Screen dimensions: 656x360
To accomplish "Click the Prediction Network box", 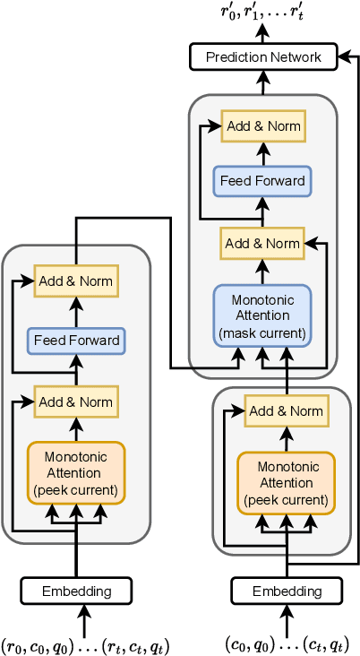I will coord(263,57).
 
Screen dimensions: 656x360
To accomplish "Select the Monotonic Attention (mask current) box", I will coord(261,315).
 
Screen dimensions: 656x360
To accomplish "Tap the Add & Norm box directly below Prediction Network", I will coord(263,126).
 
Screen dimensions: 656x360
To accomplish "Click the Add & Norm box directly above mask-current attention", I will coord(262,243).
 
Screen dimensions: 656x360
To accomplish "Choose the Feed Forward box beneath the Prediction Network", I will coord(262,180).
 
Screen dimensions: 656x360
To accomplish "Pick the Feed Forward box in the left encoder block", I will coord(75,341).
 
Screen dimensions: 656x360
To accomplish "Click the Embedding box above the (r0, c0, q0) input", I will coord(76,591).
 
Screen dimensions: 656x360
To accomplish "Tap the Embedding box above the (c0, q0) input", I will coord(287,591).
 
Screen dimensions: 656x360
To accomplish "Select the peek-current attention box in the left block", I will coord(75,473).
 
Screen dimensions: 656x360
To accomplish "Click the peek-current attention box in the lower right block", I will coord(287,482).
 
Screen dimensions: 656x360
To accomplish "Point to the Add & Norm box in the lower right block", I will coord(286,411).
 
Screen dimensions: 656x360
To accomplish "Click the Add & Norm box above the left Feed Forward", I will coord(75,281).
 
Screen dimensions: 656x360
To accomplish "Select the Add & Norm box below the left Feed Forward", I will coord(75,401).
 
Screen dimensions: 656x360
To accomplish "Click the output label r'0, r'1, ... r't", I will coord(263,13).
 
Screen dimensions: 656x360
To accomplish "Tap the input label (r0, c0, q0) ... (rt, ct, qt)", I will coord(84,644).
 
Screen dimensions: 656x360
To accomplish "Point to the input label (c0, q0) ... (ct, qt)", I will coord(286,644).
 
